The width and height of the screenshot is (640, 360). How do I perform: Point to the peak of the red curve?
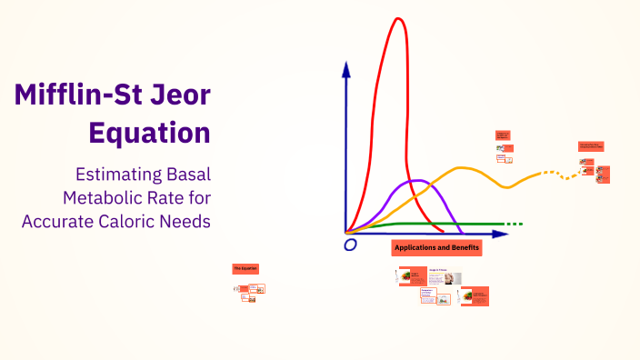(x=396, y=20)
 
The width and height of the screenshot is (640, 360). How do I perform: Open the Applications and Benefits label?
(x=436, y=247)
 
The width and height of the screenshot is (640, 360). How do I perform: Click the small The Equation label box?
(x=246, y=269)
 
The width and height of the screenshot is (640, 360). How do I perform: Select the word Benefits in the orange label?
(x=462, y=247)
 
